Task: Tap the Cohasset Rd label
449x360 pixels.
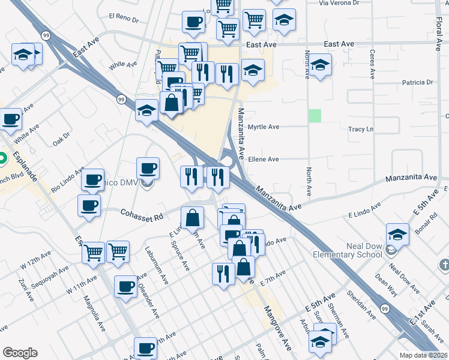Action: click(142, 213)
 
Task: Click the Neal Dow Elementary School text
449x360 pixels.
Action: click(347, 250)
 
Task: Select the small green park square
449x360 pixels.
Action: click(315, 116)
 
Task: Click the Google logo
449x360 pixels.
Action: click(20, 353)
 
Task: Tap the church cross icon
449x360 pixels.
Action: click(444, 264)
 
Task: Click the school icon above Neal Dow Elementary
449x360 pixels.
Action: click(397, 233)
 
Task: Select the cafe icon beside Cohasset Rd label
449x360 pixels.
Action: click(89, 206)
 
